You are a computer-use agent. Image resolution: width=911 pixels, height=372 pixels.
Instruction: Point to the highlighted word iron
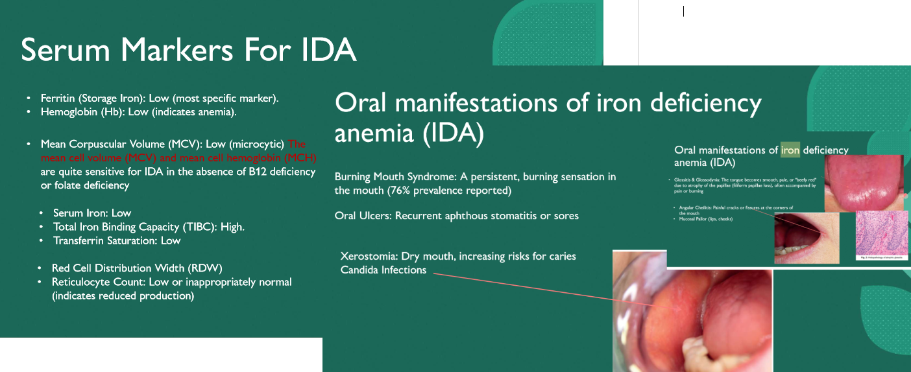point(790,150)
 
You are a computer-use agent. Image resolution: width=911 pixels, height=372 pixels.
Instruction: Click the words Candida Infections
point(383,270)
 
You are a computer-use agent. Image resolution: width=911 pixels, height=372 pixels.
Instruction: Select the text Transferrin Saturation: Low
point(117,240)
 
